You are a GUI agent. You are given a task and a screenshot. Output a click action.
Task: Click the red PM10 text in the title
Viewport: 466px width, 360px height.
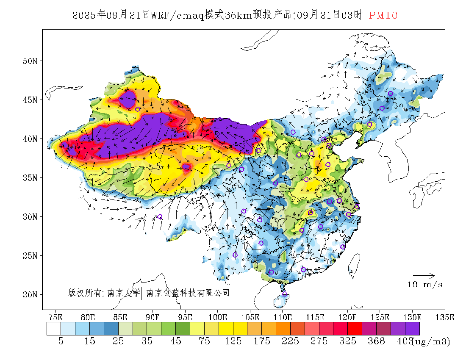pyautogui.click(x=383, y=16)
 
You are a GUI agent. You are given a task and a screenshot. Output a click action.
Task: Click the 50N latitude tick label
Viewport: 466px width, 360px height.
pyautogui.click(x=30, y=61)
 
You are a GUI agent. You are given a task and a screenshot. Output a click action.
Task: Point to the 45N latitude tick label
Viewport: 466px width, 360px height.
pyautogui.click(x=30, y=100)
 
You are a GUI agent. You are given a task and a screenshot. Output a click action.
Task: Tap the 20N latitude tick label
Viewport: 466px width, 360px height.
pyautogui.click(x=30, y=294)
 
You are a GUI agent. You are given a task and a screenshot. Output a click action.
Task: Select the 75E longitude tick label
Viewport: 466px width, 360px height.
pyautogui.click(x=55, y=317)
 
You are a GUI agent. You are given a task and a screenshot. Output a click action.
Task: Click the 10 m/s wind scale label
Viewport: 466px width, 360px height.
pyautogui.click(x=425, y=285)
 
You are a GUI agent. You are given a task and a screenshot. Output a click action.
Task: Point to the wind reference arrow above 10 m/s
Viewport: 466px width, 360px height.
pyautogui.click(x=424, y=275)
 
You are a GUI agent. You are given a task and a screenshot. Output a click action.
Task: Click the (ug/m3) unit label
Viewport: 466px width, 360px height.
pyautogui.click(x=431, y=341)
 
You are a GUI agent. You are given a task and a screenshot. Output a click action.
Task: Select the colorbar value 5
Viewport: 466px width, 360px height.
pyautogui.click(x=61, y=341)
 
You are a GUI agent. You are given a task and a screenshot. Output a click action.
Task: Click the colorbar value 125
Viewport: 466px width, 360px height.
pyautogui.click(x=233, y=341)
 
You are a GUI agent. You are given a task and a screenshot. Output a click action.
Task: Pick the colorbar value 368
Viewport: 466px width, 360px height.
pyautogui.click(x=376, y=341)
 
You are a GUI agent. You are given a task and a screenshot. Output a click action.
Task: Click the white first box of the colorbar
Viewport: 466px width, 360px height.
pyautogui.click(x=54, y=329)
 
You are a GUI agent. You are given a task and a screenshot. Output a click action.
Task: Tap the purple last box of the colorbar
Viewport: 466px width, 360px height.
pyautogui.click(x=412, y=329)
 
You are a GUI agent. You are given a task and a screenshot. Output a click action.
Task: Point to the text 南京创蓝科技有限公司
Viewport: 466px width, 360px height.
pyautogui.click(x=188, y=293)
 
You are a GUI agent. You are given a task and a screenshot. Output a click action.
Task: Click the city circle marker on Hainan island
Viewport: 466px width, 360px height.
pyautogui.click(x=285, y=294)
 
